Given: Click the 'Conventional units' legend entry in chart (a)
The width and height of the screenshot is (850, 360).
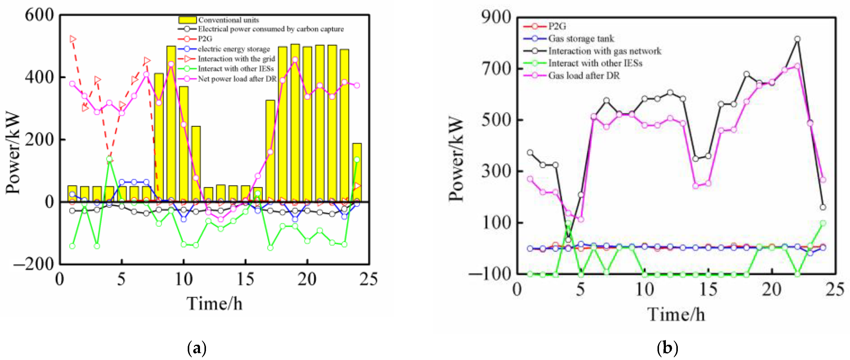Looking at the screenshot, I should [228, 20].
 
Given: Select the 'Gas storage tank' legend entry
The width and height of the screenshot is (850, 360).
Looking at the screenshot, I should [581, 39].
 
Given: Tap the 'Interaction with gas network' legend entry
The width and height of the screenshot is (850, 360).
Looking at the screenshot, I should [604, 51].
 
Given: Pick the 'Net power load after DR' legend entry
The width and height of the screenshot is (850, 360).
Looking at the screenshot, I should [237, 79].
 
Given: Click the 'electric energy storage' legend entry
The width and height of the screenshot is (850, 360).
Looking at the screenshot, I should [234, 49].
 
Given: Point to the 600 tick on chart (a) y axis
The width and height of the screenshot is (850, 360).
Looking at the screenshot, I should [39, 15].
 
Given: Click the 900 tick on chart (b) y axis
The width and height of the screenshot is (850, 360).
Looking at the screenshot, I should [496, 17].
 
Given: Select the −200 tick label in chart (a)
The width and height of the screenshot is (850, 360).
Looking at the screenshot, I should [34, 264].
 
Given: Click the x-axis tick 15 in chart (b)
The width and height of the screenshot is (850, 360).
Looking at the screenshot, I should [708, 290].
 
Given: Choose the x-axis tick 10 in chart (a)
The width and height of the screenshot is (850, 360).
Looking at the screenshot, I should [184, 279].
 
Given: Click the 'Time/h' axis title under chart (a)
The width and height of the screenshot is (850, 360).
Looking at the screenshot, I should [214, 304].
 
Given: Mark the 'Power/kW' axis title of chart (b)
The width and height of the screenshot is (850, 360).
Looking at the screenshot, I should [456, 158].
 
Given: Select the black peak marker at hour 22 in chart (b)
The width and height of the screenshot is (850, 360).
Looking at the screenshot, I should [797, 39].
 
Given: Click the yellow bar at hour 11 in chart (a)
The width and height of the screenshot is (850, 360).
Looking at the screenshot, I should [196, 163].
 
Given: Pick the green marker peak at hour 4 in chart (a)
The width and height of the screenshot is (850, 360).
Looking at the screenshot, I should [109, 159].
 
